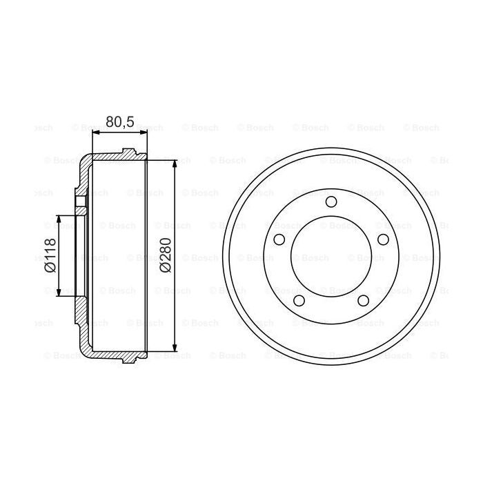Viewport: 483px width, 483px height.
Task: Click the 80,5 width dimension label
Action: [x=119, y=121]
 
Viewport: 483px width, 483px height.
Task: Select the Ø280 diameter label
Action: [x=165, y=256]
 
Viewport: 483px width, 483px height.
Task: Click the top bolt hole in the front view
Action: [x=331, y=201]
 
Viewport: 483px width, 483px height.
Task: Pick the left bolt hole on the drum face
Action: [x=279, y=239]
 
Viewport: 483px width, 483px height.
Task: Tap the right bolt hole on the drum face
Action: [x=382, y=239]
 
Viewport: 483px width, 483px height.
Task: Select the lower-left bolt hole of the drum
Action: [x=299, y=300]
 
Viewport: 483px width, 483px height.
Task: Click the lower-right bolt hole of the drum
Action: [x=363, y=300]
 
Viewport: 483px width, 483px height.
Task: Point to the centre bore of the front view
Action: [x=331, y=256]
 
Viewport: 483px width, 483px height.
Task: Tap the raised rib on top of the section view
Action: [x=129, y=152]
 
